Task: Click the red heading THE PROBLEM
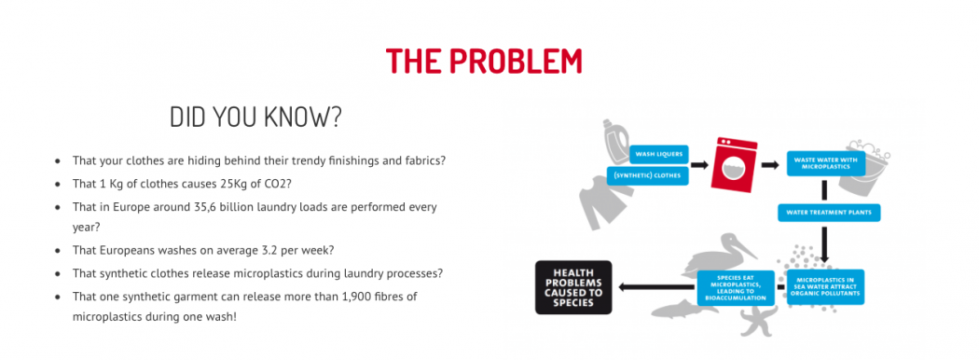[484, 61]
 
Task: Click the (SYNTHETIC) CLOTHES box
[647, 175]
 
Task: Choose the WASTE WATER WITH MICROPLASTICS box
[825, 163]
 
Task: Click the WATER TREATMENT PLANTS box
[829, 212]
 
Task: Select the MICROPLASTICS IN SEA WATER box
[825, 286]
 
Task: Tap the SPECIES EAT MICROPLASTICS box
[736, 287]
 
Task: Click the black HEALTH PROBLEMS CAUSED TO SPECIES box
[573, 287]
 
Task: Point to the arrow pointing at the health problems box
[655, 287]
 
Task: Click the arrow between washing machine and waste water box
[770, 165]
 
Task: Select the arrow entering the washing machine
[698, 165]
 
